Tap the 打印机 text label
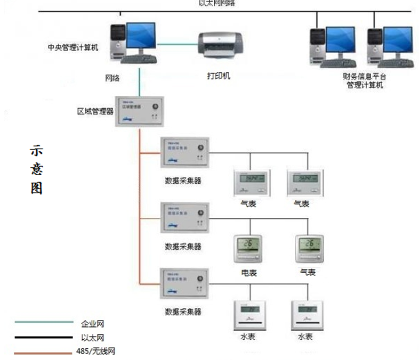point(219,76)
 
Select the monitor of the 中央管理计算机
point(140,36)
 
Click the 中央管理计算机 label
point(72,47)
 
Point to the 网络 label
point(112,78)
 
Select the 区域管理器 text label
point(95,112)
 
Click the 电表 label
point(248,273)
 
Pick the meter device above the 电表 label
point(248,248)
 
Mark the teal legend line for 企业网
point(44,322)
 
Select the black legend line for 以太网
point(44,337)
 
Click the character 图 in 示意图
point(36,189)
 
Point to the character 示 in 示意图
point(36,151)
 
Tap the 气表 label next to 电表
point(308,273)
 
